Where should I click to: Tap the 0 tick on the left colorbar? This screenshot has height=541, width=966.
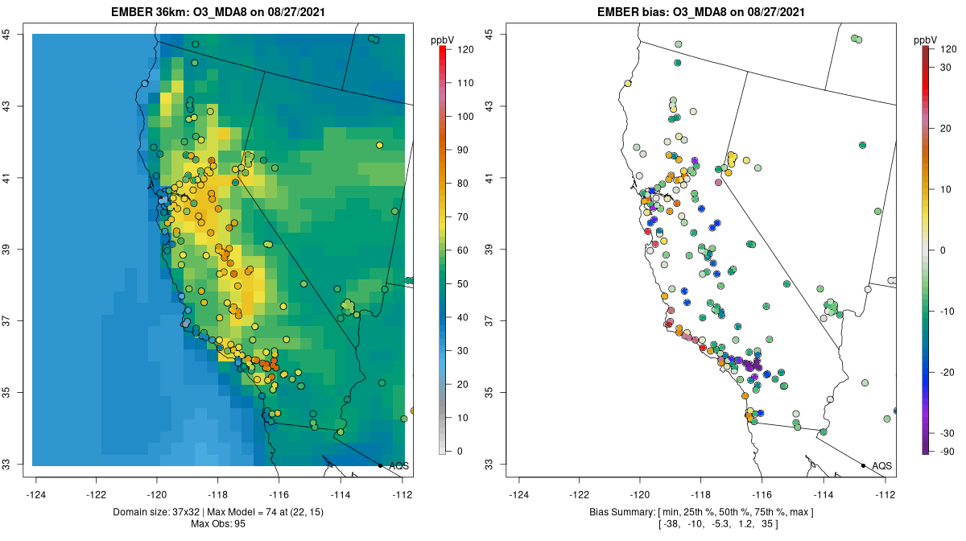[x=460, y=451]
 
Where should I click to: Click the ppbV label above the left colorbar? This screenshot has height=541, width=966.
[x=443, y=39]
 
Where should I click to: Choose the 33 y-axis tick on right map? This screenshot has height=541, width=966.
[x=489, y=465]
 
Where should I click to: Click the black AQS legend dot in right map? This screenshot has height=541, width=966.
[x=863, y=465]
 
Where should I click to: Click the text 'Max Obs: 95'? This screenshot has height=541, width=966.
[x=218, y=524]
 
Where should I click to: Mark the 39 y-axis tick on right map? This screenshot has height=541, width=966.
[x=489, y=250]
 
